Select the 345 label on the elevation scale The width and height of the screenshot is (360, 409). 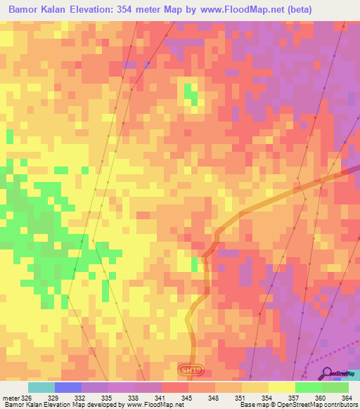pyautogui.click(x=188, y=398)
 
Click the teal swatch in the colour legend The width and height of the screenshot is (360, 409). pyautogui.click(x=41, y=387)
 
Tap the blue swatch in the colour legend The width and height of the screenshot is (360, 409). pyautogui.click(x=68, y=387)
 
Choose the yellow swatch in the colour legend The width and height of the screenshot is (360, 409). pyautogui.click(x=282, y=387)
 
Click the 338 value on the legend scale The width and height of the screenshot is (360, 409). pyautogui.click(x=134, y=398)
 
